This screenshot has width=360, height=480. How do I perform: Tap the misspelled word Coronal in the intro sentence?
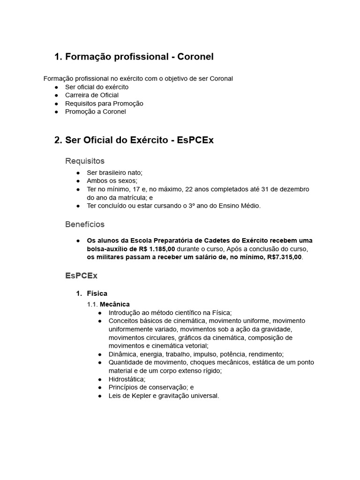(x=220, y=78)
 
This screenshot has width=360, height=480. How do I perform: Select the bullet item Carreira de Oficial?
(x=91, y=95)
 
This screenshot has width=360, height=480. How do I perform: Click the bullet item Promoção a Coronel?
(x=95, y=112)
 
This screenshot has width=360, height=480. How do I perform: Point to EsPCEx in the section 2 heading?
(x=195, y=140)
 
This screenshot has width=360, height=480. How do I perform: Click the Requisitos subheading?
(x=85, y=161)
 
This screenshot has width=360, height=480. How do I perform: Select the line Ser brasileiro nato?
(x=114, y=172)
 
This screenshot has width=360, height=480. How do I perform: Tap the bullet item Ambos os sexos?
(x=112, y=180)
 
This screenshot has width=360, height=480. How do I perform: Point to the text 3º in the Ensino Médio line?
(x=193, y=205)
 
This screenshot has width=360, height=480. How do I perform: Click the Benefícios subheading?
(x=85, y=225)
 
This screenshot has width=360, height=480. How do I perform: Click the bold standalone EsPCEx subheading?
(x=81, y=276)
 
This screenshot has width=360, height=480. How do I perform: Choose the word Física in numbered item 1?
(x=97, y=293)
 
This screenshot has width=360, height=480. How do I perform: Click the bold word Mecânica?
(x=115, y=304)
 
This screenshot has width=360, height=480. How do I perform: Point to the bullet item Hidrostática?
(x=127, y=379)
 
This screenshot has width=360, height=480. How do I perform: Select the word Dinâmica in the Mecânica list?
(x=123, y=354)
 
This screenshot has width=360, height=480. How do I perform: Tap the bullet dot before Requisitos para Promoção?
(x=56, y=104)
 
